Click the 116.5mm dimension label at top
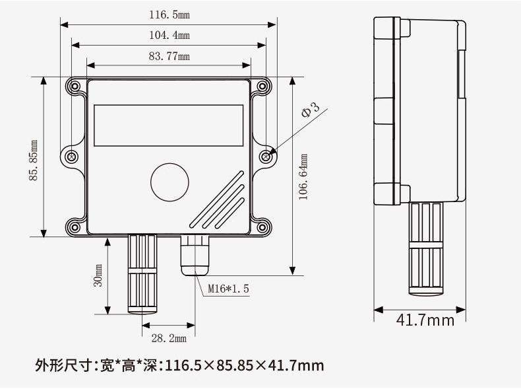point(169,15)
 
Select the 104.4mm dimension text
point(169,35)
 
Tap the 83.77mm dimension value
point(169,56)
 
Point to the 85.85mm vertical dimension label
point(34,160)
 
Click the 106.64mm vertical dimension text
point(303,177)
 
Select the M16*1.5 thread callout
point(228,289)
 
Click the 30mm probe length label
point(98,275)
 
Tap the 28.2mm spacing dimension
point(169,338)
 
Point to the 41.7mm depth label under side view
point(425,320)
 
